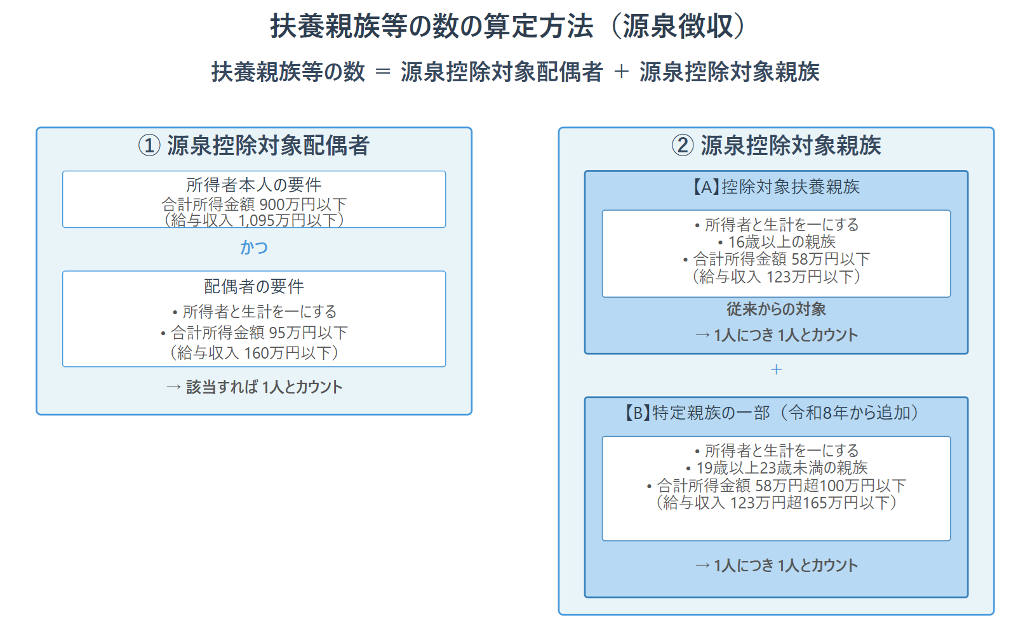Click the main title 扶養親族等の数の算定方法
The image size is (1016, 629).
click(x=432, y=27)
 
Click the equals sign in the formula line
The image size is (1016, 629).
click(x=383, y=72)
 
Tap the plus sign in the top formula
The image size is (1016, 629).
click(x=621, y=72)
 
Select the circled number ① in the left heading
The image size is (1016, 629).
click(x=149, y=145)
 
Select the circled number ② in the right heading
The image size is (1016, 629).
click(x=683, y=145)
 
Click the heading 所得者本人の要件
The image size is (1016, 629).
click(x=254, y=185)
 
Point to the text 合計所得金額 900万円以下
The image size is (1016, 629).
click(x=254, y=204)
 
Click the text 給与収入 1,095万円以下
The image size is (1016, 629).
click(x=254, y=220)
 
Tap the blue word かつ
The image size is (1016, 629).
click(x=254, y=247)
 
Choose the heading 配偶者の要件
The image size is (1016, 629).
click(x=254, y=286)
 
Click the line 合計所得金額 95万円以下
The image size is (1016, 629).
click(x=254, y=333)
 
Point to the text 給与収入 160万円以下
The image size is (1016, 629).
click(x=254, y=352)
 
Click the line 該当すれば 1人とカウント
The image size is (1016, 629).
click(x=254, y=387)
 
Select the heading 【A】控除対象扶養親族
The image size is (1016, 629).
click(x=776, y=187)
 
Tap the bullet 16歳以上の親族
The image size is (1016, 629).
click(x=777, y=242)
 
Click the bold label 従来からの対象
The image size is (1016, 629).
click(x=776, y=309)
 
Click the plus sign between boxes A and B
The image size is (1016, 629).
click(x=776, y=369)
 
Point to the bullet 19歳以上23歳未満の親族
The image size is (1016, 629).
click(x=777, y=468)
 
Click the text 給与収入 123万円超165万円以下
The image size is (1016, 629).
click(x=777, y=503)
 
